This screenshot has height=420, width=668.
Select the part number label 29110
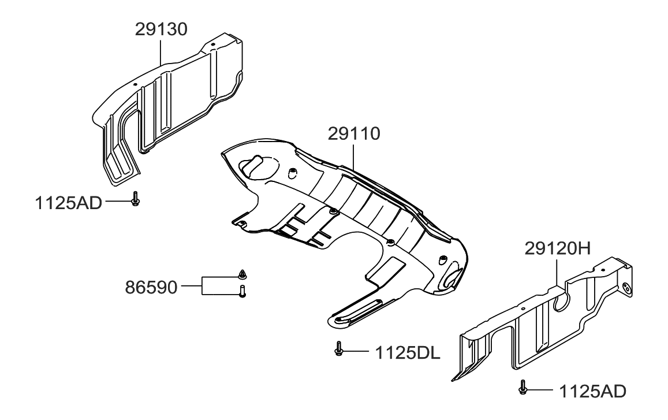(x=354, y=134)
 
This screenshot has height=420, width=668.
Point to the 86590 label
(x=152, y=287)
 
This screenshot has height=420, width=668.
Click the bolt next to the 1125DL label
(x=338, y=349)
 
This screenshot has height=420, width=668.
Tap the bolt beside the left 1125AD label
(x=135, y=199)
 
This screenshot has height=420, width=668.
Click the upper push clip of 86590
(x=242, y=273)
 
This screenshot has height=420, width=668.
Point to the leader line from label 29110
(x=353, y=159)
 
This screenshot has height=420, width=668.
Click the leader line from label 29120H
(x=556, y=272)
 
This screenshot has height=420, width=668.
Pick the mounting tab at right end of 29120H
(x=626, y=285)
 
